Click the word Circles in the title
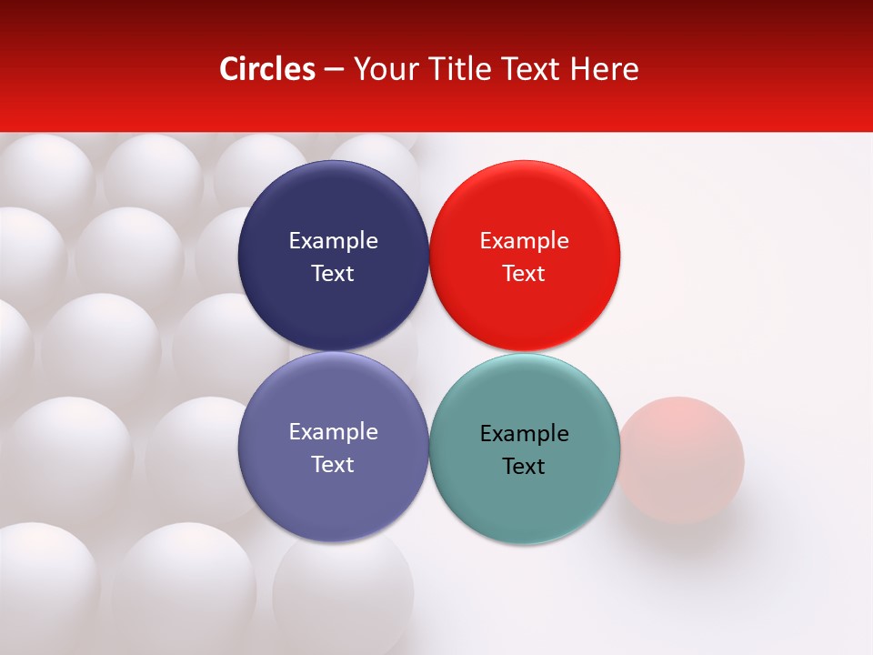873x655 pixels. point(266,69)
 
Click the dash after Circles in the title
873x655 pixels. point(334,70)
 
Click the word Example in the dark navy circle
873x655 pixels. point(333,240)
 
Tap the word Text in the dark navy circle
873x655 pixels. point(333,273)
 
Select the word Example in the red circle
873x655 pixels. point(524,240)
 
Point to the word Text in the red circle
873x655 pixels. point(524,273)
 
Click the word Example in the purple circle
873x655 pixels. point(333,431)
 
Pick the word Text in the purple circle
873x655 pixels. point(333,464)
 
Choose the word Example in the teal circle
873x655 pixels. point(524,433)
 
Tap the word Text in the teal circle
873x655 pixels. point(524,466)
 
